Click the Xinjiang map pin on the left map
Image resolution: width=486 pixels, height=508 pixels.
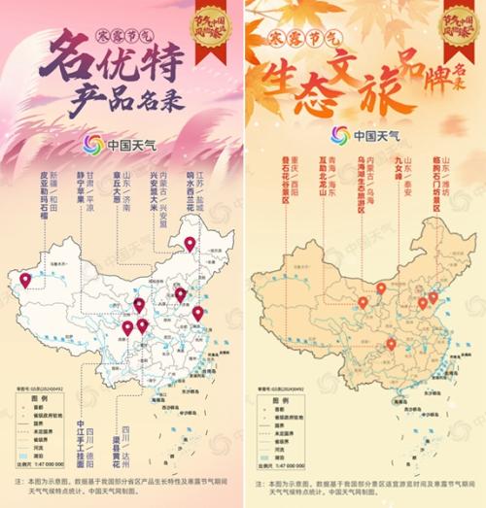[x=25, y=280]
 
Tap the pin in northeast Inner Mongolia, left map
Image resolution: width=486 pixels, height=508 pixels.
[x=190, y=244]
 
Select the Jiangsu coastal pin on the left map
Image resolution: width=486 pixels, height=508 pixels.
[x=197, y=313]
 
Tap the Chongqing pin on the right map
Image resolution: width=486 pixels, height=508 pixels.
[x=391, y=344]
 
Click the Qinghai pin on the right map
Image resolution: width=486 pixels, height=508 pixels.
[x=363, y=302]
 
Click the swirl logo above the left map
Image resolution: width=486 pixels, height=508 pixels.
[x=93, y=143]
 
